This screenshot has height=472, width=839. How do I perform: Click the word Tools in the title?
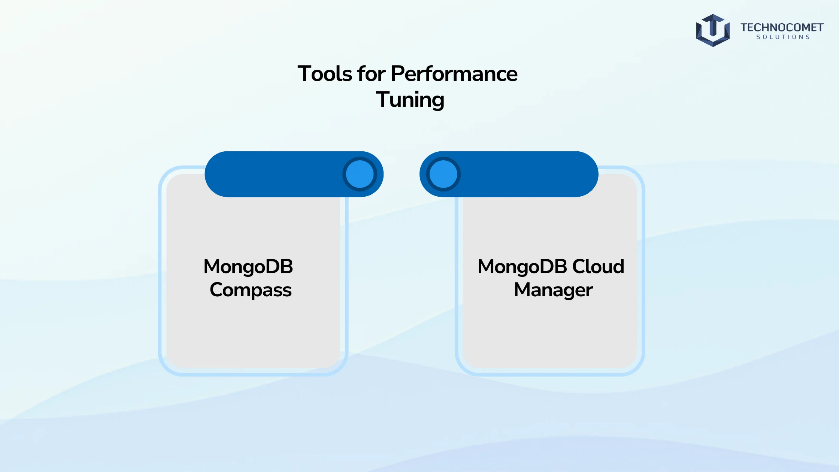(325, 73)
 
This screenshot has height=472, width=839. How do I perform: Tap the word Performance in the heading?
(454, 73)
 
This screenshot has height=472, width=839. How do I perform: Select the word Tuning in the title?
(410, 100)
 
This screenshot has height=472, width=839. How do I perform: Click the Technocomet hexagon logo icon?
(713, 30)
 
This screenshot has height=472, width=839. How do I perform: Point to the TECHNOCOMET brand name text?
(782, 27)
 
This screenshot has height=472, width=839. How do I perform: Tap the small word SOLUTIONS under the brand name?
(783, 37)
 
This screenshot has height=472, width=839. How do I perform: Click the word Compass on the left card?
(251, 290)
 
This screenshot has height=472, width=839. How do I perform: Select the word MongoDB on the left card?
(248, 267)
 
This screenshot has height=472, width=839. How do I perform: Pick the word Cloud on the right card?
(598, 267)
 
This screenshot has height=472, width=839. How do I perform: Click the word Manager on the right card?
(553, 290)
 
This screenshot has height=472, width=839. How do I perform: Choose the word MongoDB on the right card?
(523, 267)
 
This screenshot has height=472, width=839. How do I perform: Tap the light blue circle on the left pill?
(360, 174)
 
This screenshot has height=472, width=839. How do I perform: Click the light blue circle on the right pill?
(443, 174)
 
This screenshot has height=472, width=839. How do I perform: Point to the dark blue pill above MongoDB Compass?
(294, 174)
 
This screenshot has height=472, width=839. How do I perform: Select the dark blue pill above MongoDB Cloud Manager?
(509, 174)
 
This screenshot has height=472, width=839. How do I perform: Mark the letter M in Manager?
(523, 290)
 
